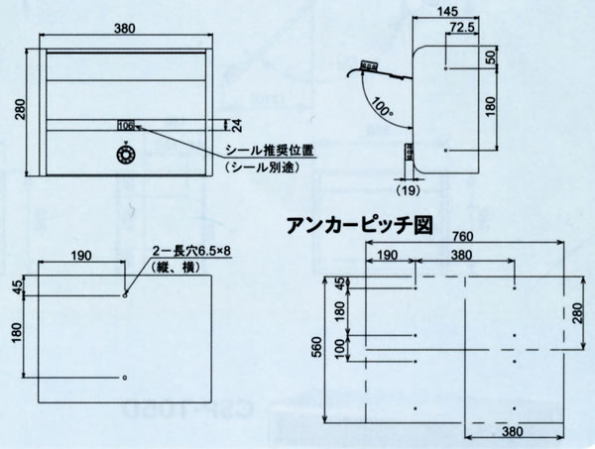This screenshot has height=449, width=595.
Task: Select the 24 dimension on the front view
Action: (x=236, y=125)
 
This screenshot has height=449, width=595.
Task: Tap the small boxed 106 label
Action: (x=126, y=126)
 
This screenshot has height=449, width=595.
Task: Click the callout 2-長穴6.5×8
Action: (x=191, y=252)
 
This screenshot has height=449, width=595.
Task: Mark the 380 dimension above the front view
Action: (x=125, y=28)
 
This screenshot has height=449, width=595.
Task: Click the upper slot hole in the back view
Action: (x=125, y=294)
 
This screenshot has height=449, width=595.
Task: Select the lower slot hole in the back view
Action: (x=125, y=378)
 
